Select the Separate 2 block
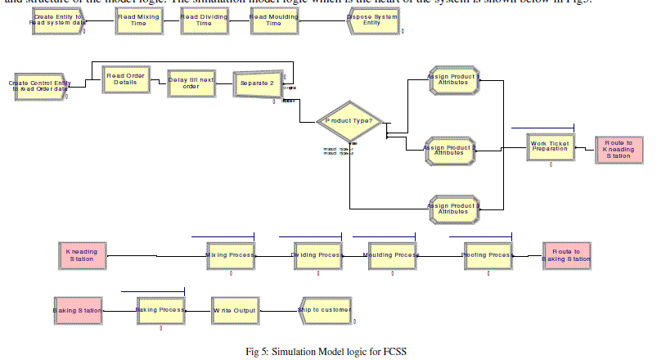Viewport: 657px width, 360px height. (258, 83)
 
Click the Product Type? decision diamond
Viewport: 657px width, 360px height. (349, 121)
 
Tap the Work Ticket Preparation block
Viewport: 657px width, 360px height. (550, 146)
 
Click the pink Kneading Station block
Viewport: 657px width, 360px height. (82, 255)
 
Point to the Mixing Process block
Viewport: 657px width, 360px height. (230, 255)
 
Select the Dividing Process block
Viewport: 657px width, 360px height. (317, 255)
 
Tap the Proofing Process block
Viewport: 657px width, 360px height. (488, 255)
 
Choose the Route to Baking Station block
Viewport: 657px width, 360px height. (565, 257)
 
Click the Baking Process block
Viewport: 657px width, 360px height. (160, 311)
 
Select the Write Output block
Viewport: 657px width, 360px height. (235, 311)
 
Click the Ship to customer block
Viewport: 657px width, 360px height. (326, 311)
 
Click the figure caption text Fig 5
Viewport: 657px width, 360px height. (326, 352)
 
